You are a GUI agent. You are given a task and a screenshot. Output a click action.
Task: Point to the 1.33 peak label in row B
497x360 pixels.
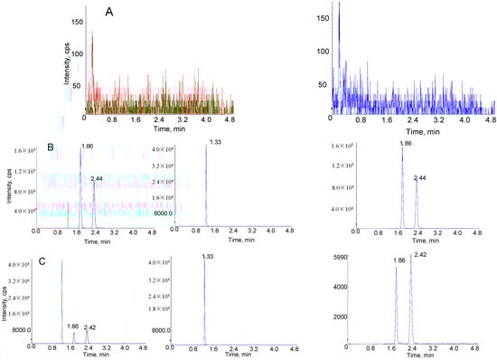[x=215, y=142]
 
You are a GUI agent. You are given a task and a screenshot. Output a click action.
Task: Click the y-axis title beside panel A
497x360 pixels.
[x=68, y=63]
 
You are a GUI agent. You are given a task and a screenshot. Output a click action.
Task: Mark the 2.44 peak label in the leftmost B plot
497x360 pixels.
[x=98, y=179]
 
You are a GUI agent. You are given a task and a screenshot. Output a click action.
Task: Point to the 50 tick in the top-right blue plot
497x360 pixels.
[x=323, y=84]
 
